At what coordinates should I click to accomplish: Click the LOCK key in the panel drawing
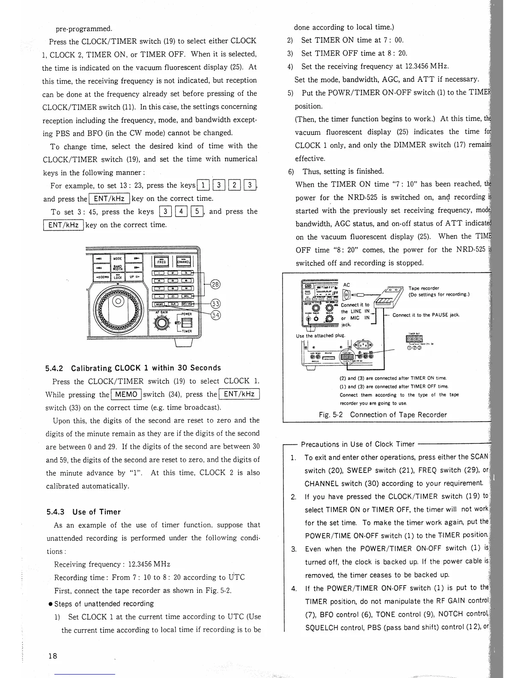coord(117,277)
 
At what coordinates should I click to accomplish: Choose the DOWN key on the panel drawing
coord(101,277)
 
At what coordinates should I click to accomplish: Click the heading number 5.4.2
coord(54,368)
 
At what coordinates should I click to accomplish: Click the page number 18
coord(53,656)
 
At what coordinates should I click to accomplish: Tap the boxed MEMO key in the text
coord(126,394)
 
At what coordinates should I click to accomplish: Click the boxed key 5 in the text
coord(197,211)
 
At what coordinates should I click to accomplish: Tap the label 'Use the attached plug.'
coord(321,336)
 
